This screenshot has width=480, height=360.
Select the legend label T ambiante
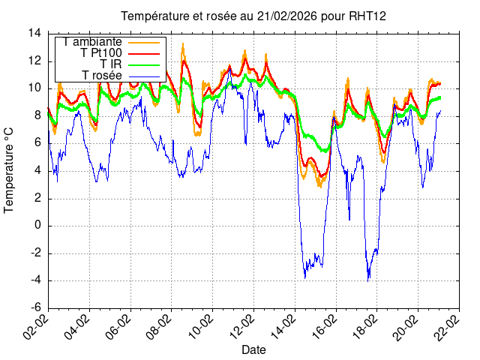[x=92, y=42]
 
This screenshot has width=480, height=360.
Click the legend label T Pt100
[x=101, y=53]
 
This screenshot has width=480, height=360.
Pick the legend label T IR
[x=111, y=64]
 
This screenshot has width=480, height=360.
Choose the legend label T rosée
[x=102, y=76]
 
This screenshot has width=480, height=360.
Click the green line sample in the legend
[x=144, y=64]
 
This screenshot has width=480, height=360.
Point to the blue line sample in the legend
[x=144, y=76]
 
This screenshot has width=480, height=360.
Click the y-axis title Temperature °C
[x=10, y=169]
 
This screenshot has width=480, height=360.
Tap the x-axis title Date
[x=253, y=349]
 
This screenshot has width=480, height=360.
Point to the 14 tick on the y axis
[x=35, y=33]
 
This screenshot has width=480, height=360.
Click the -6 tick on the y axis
[x=35, y=307]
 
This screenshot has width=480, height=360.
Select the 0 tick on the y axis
[x=38, y=225]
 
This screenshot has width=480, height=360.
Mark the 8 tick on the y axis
[x=38, y=115]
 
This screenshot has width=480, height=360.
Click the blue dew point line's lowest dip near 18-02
[x=368, y=280]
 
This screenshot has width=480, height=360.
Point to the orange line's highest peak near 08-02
[x=182, y=44]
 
